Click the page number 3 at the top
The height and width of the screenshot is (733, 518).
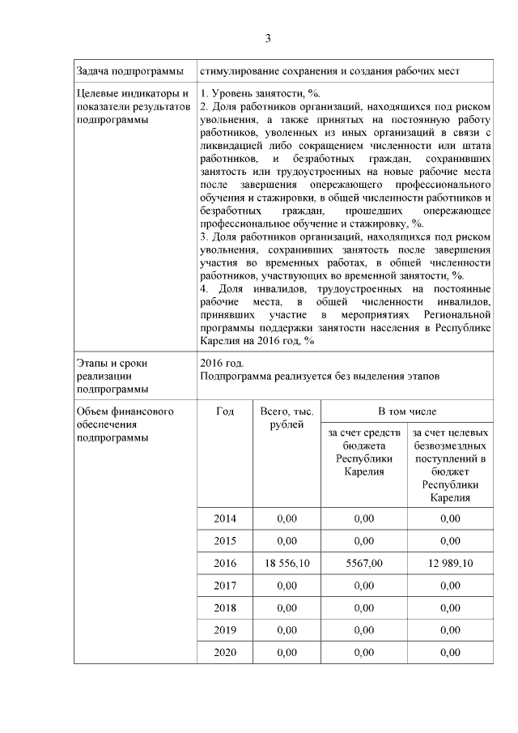click(x=268, y=39)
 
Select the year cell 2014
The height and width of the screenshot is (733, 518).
click(x=226, y=518)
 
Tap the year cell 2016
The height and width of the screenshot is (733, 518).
click(x=226, y=563)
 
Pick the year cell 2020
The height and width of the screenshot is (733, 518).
click(x=226, y=651)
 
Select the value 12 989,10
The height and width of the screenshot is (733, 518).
click(x=449, y=563)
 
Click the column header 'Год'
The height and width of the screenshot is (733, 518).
click(x=226, y=411)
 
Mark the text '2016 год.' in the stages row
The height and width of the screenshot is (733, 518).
click(x=221, y=363)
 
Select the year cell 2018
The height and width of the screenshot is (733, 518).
click(x=226, y=607)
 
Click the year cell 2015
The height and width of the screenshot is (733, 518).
click(x=226, y=540)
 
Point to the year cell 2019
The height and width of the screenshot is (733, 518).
click(x=226, y=629)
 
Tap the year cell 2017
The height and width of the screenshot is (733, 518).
click(x=226, y=585)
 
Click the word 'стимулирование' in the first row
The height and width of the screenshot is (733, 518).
click(x=237, y=72)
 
